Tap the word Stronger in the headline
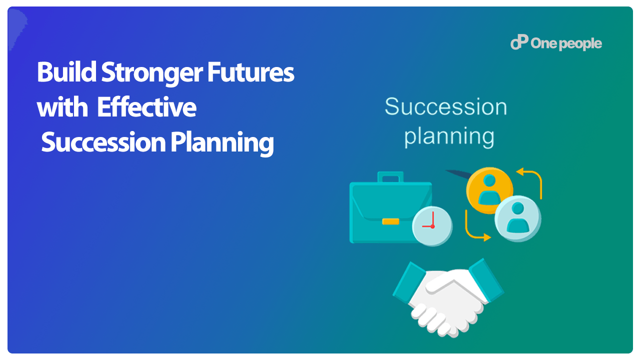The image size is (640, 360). click(152, 73)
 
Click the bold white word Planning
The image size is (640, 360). click(222, 143)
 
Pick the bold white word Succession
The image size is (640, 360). click(103, 142)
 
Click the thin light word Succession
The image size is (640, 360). click(445, 106)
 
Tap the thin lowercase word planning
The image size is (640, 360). click(449, 137)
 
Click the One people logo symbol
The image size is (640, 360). click(519, 42)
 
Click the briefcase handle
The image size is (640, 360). click(390, 177)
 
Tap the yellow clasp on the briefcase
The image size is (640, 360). click(390, 221)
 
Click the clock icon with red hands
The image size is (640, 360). click(432, 226)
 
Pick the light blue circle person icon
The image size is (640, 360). click(517, 218)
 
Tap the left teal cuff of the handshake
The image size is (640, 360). click(409, 282)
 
